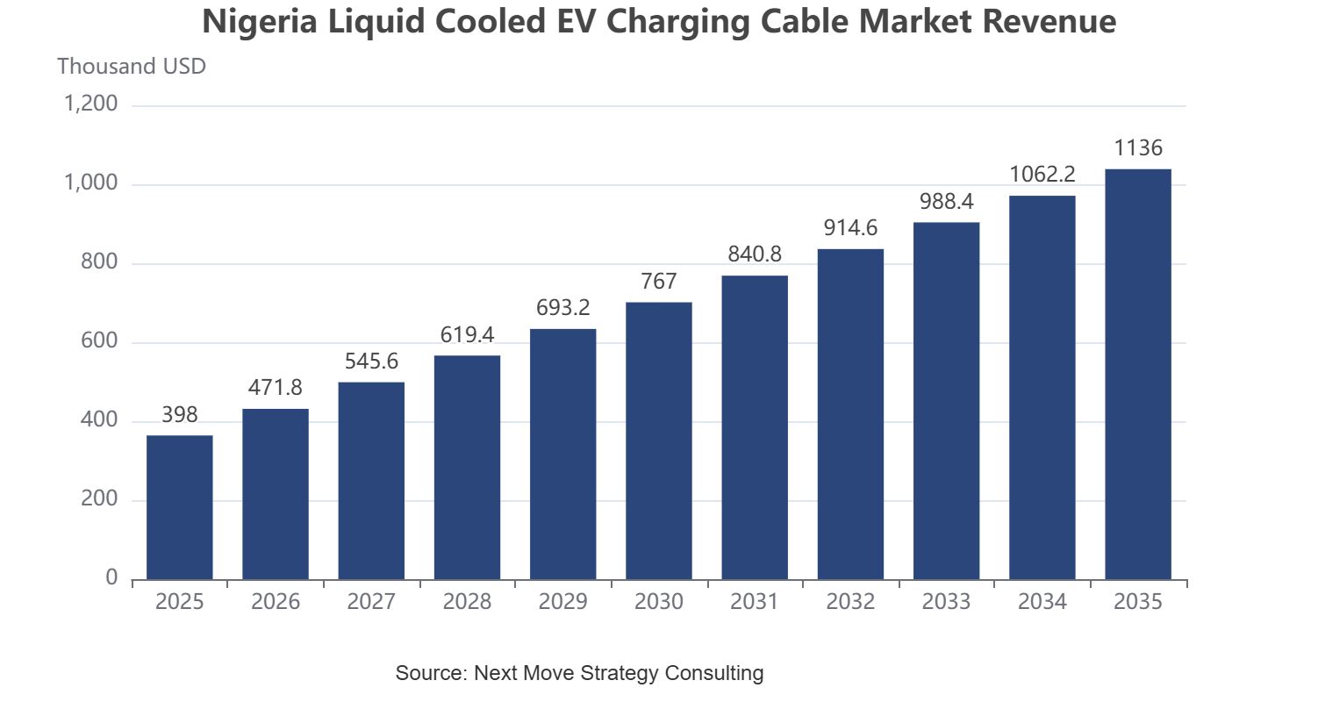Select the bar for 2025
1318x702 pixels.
(180, 507)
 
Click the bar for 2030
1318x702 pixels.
(659, 441)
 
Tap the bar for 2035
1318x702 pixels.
(1138, 374)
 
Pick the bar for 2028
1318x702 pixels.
(467, 467)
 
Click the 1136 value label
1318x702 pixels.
(1138, 147)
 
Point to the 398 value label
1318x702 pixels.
(180, 414)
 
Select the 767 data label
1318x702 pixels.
(659, 282)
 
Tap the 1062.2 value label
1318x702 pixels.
(1042, 174)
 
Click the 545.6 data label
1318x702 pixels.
(371, 361)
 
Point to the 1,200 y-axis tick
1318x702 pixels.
(90, 104)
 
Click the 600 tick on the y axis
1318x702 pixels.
(99, 340)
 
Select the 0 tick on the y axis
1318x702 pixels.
(111, 577)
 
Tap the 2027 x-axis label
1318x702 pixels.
(371, 601)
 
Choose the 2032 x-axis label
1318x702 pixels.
(850, 601)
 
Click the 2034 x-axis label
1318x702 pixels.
(1042, 601)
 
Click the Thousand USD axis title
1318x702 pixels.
(132, 66)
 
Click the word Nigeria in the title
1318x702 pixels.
(260, 22)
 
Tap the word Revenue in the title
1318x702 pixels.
(1049, 21)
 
